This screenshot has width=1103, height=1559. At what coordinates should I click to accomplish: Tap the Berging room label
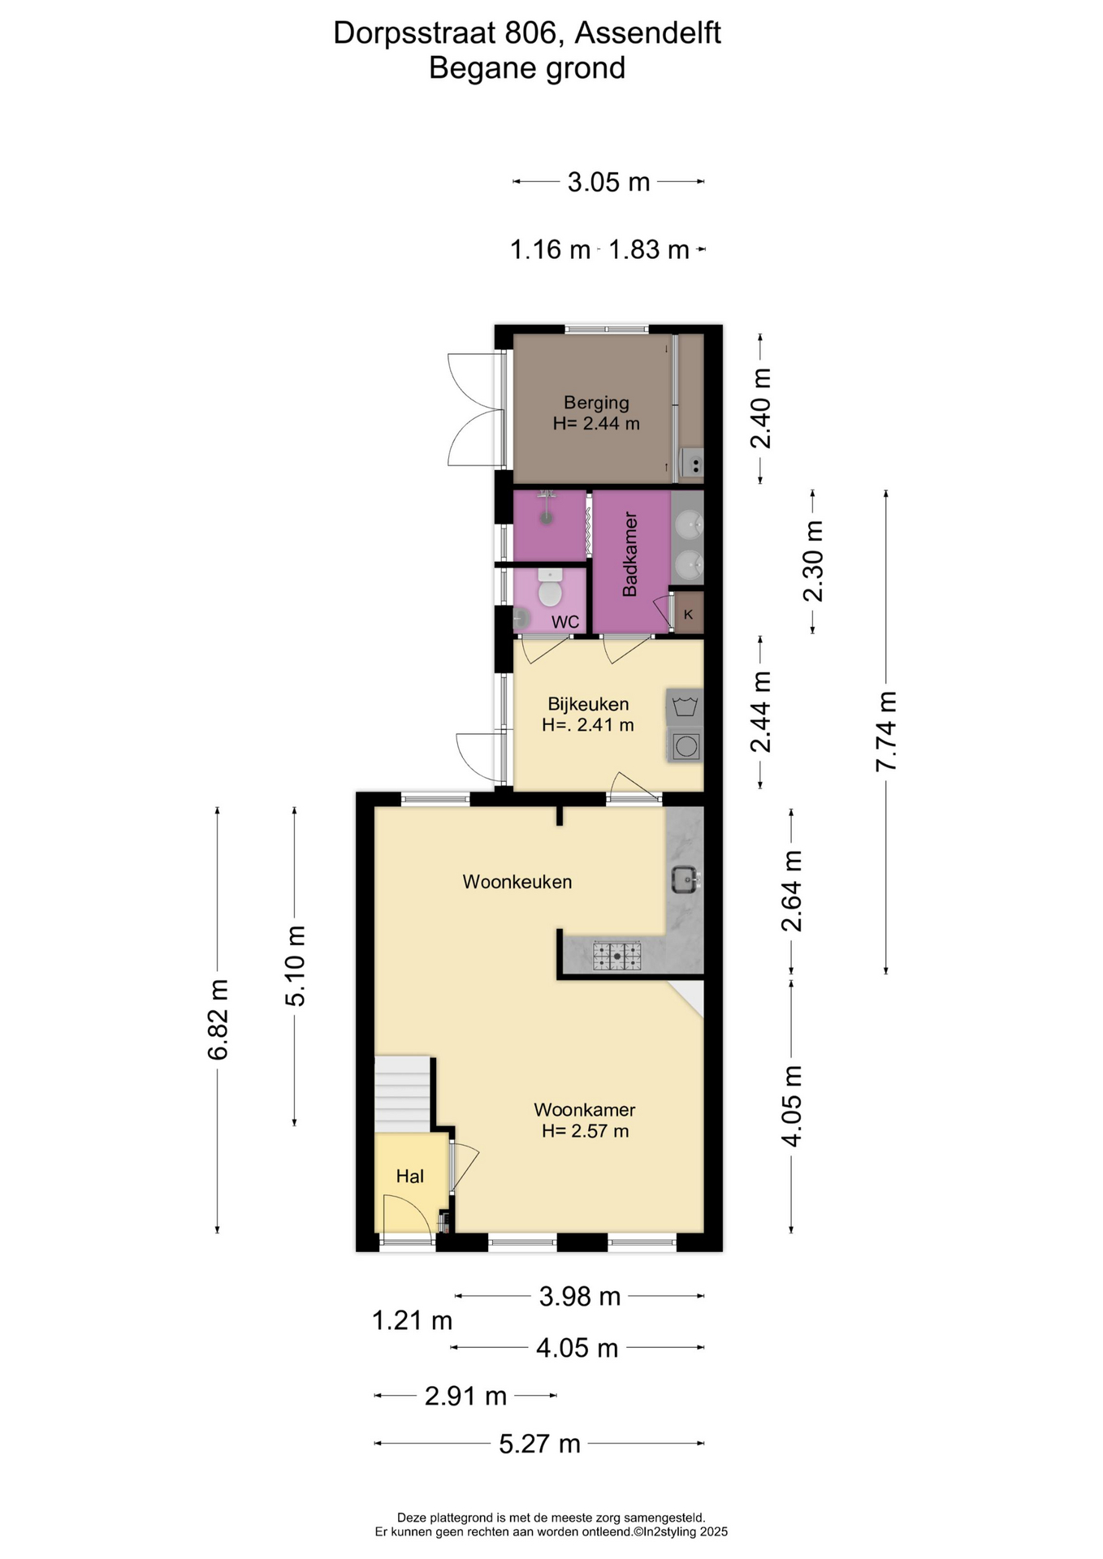click(x=596, y=403)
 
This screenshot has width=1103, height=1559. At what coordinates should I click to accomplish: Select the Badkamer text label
click(x=629, y=555)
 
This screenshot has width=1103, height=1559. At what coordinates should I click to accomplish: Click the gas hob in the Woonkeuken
click(x=616, y=956)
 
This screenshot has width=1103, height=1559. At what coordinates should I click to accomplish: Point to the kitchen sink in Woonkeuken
click(x=685, y=879)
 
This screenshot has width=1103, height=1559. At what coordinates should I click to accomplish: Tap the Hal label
click(x=410, y=1177)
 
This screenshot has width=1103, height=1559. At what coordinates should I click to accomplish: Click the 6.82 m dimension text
click(x=217, y=1020)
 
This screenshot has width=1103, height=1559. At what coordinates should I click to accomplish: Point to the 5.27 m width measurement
click(x=539, y=1444)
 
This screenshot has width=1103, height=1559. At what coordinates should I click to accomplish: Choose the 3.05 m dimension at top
click(x=608, y=182)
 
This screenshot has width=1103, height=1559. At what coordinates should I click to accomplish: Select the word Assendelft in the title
click(x=648, y=33)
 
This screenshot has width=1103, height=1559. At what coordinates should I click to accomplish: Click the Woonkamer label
click(x=585, y=1110)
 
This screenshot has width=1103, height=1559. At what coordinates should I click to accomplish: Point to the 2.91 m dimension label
click(x=465, y=1397)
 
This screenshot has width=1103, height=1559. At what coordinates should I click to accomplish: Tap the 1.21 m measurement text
click(x=412, y=1321)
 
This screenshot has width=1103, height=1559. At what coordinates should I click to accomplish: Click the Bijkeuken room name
click(x=588, y=704)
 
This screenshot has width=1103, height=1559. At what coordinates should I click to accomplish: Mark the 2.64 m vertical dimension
click(x=791, y=891)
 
